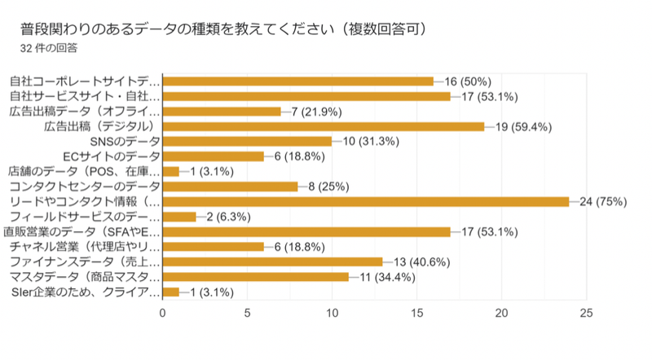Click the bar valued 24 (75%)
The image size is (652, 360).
pos(367,201)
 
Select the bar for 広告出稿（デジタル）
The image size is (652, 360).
pos(324,126)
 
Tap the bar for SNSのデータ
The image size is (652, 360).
pos(248,141)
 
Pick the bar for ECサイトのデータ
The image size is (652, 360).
pos(214,156)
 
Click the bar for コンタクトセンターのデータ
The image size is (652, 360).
pos(231,186)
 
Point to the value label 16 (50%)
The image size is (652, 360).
pos(467,81)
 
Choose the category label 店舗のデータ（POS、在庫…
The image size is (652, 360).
pos(85,171)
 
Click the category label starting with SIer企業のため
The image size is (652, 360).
pos(86,292)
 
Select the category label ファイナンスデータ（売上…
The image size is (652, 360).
pos(86,261)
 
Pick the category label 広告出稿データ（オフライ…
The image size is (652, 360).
pos(86,112)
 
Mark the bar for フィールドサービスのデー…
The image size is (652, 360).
pos(180,217)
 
